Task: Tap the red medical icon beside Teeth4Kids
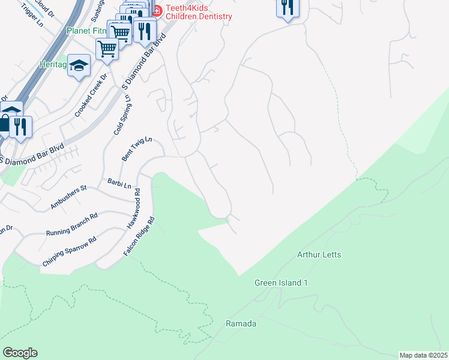pos(158,10)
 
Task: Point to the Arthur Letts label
pos(319,255)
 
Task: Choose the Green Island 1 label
pos(281,283)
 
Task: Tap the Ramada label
pos(241,324)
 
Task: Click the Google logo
pos(20,352)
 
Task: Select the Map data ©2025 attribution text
pos(423,355)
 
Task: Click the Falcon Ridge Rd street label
pos(139,236)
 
